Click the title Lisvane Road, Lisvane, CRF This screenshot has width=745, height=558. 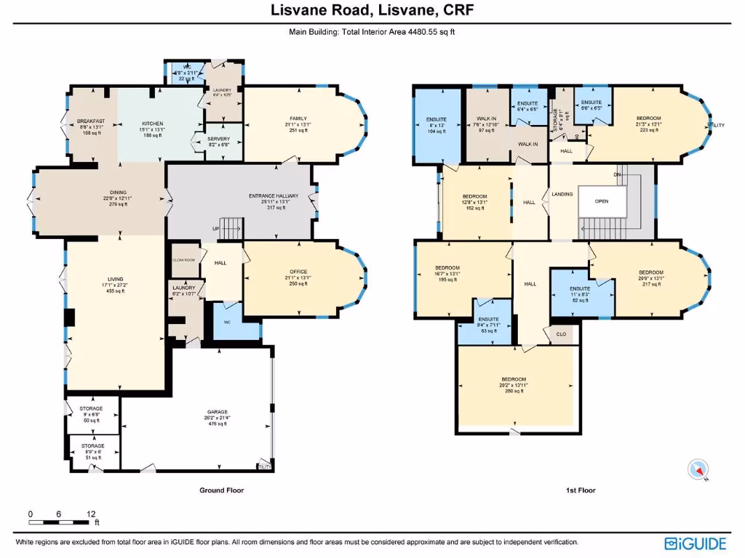pyautogui.click(x=372, y=11)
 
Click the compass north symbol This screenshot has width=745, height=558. pyautogui.click(x=699, y=470)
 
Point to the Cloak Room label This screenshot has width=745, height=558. pyautogui.click(x=185, y=259)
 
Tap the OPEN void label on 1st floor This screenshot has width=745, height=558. pyautogui.click(x=601, y=201)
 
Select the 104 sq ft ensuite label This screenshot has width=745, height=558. pyautogui.click(x=437, y=125)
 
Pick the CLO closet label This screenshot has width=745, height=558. pyautogui.click(x=561, y=335)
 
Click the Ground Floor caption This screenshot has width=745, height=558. pyautogui.click(x=222, y=490)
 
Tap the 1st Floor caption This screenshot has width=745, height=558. pyautogui.click(x=581, y=490)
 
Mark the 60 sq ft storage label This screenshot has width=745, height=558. pyautogui.click(x=92, y=414)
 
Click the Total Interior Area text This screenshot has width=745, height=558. pyautogui.click(x=372, y=32)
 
